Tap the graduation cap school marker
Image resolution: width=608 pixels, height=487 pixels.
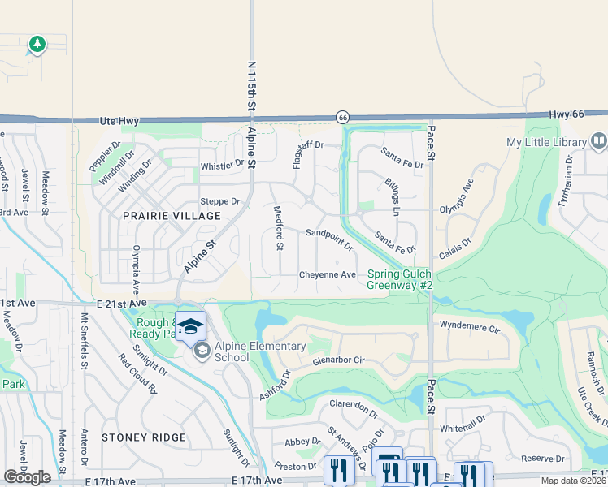(x=191, y=327)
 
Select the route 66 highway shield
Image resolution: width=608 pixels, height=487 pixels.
(x=343, y=118)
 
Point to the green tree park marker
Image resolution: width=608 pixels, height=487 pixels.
(x=37, y=44)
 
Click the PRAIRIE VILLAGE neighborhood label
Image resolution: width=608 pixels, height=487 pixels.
(x=172, y=216)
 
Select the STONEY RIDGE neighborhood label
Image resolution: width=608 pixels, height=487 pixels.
(x=144, y=437)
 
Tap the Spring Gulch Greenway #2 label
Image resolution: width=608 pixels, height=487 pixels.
(x=399, y=280)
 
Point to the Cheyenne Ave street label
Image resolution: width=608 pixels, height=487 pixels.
(x=328, y=275)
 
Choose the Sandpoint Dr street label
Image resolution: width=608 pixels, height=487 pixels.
(x=329, y=239)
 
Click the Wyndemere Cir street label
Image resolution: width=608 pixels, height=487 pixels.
(x=469, y=328)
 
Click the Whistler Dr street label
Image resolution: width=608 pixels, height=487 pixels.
(x=222, y=165)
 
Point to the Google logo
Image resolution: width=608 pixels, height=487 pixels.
(x=28, y=477)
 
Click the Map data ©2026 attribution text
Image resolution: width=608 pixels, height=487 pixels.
(x=573, y=481)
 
